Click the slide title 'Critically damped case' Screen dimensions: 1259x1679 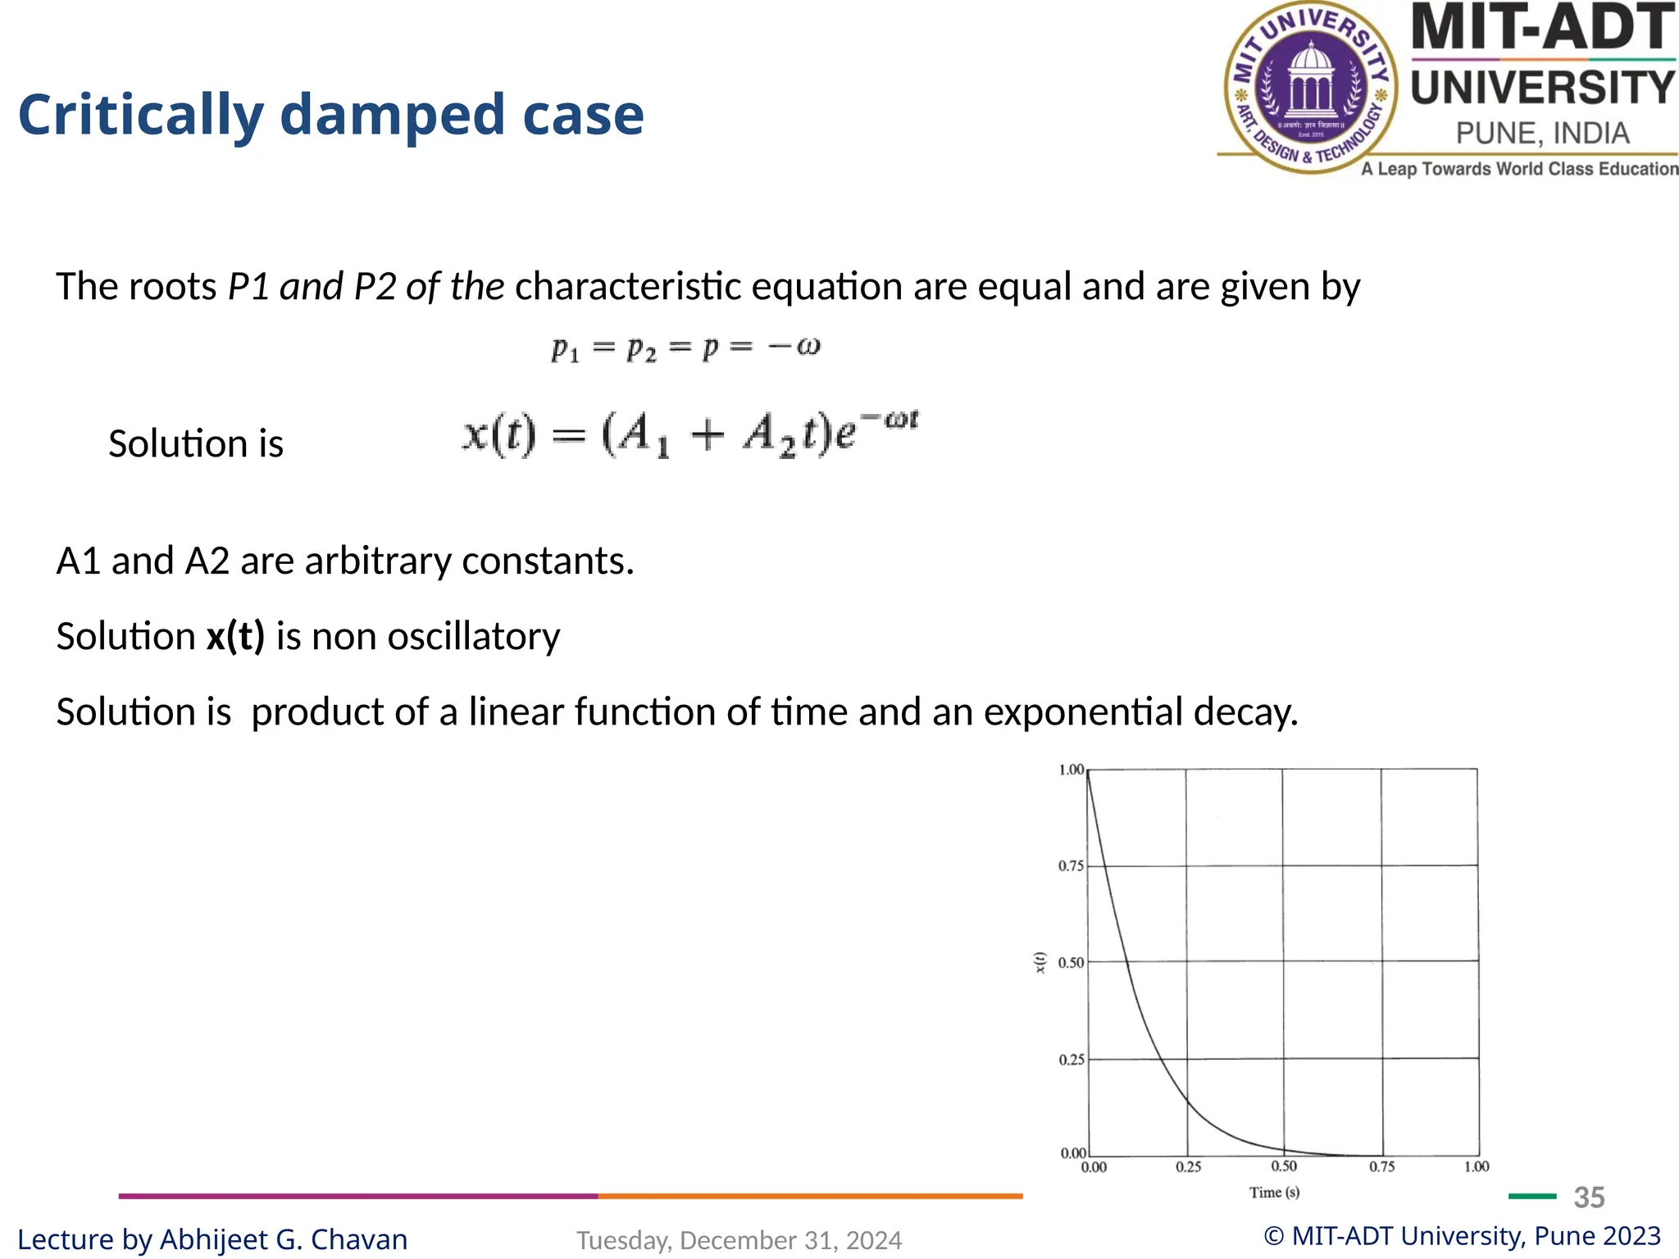pyautogui.click(x=330, y=115)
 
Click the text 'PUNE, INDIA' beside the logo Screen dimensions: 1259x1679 pyautogui.click(x=1542, y=133)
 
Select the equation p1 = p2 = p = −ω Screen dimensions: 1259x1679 pyautogui.click(x=685, y=348)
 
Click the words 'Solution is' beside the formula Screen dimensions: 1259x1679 pyautogui.click(x=196, y=443)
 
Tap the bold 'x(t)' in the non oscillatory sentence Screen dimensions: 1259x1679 pyautogui.click(x=235, y=636)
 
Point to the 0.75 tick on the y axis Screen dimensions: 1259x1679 pyautogui.click(x=1071, y=866)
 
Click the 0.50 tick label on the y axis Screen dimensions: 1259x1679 pyautogui.click(x=1071, y=963)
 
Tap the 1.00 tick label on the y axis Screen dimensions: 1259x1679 pyautogui.click(x=1071, y=770)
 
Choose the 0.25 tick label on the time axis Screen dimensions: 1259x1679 pyautogui.click(x=1188, y=1166)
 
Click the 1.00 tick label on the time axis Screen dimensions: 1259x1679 pyautogui.click(x=1477, y=1166)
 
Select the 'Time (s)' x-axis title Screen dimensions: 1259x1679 pyautogui.click(x=1274, y=1193)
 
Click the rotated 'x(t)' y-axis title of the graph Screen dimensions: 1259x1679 pyautogui.click(x=1040, y=962)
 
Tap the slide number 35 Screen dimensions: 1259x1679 pyautogui.click(x=1589, y=1198)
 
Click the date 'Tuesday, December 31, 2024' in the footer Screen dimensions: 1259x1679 pyautogui.click(x=739, y=1240)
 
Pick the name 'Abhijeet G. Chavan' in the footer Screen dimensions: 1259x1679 pyautogui.click(x=284, y=1239)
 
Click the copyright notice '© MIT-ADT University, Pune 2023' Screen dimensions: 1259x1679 pyautogui.click(x=1462, y=1235)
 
